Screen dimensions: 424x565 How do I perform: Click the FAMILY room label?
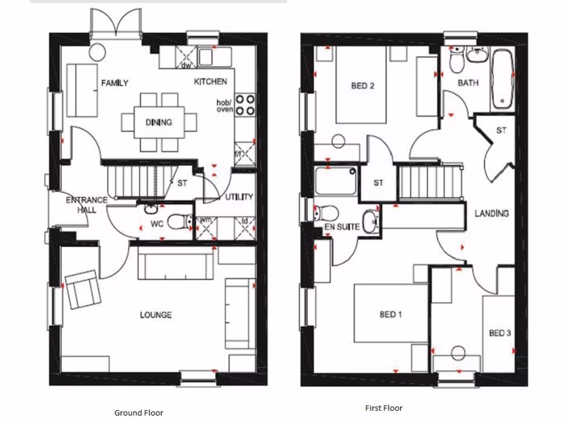pyautogui.click(x=115, y=83)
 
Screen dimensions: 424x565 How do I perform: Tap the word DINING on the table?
pyautogui.click(x=159, y=122)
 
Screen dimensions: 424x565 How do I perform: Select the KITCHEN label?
pyautogui.click(x=210, y=82)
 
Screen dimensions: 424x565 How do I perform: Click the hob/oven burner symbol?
pyautogui.click(x=245, y=105)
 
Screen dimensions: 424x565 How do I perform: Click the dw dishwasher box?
pyautogui.click(x=186, y=57)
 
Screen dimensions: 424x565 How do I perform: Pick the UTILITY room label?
pyautogui.click(x=239, y=197)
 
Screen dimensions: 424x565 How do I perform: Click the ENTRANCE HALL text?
pyautogui.click(x=81, y=205)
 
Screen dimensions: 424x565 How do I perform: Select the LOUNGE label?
pyautogui.click(x=156, y=315)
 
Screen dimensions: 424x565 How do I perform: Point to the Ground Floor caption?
pyautogui.click(x=138, y=412)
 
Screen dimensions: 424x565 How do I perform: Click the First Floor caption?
pyautogui.click(x=384, y=408)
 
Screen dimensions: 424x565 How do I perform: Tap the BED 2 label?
pyautogui.click(x=363, y=86)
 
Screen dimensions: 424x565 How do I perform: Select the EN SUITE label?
pyautogui.click(x=342, y=226)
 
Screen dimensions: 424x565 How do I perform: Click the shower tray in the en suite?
pyautogui.click(x=335, y=181)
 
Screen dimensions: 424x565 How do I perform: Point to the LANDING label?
pyautogui.click(x=492, y=213)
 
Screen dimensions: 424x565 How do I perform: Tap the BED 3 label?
pyautogui.click(x=500, y=333)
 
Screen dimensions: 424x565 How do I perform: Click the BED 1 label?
pyautogui.click(x=391, y=314)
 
